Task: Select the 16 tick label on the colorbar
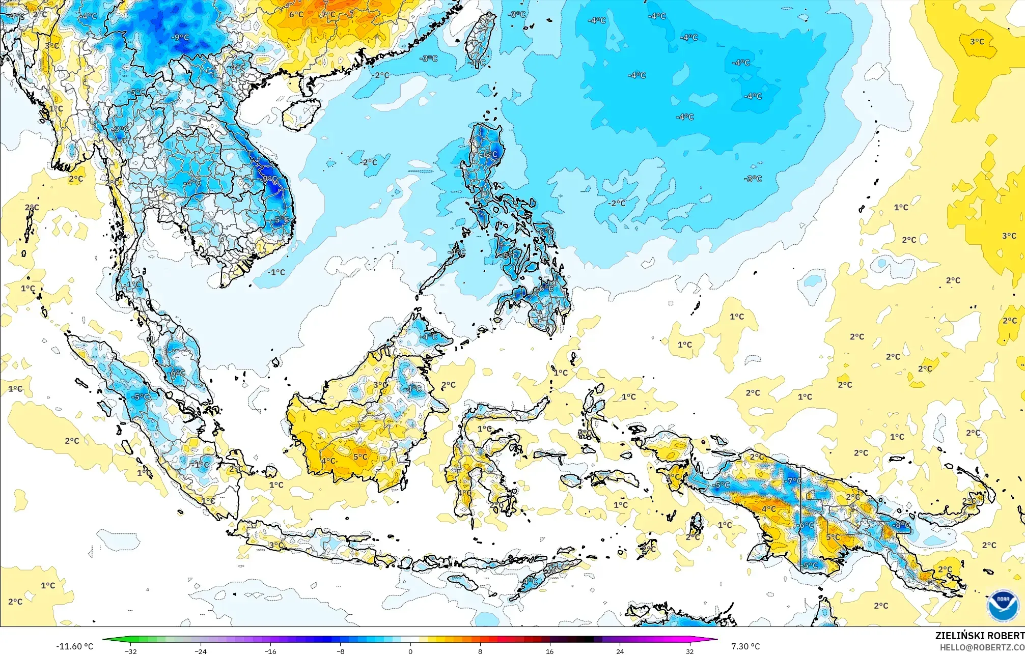point(550,651)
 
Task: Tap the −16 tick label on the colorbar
point(270,651)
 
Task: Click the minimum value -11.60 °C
point(74,646)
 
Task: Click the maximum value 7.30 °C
point(745,646)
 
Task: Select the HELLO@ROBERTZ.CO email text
point(982,647)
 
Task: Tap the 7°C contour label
point(328,14)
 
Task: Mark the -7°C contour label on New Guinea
point(794,481)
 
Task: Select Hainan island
point(301,113)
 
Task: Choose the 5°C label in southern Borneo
point(360,457)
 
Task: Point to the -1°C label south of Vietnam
point(276,272)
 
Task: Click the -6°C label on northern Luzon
point(489,154)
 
